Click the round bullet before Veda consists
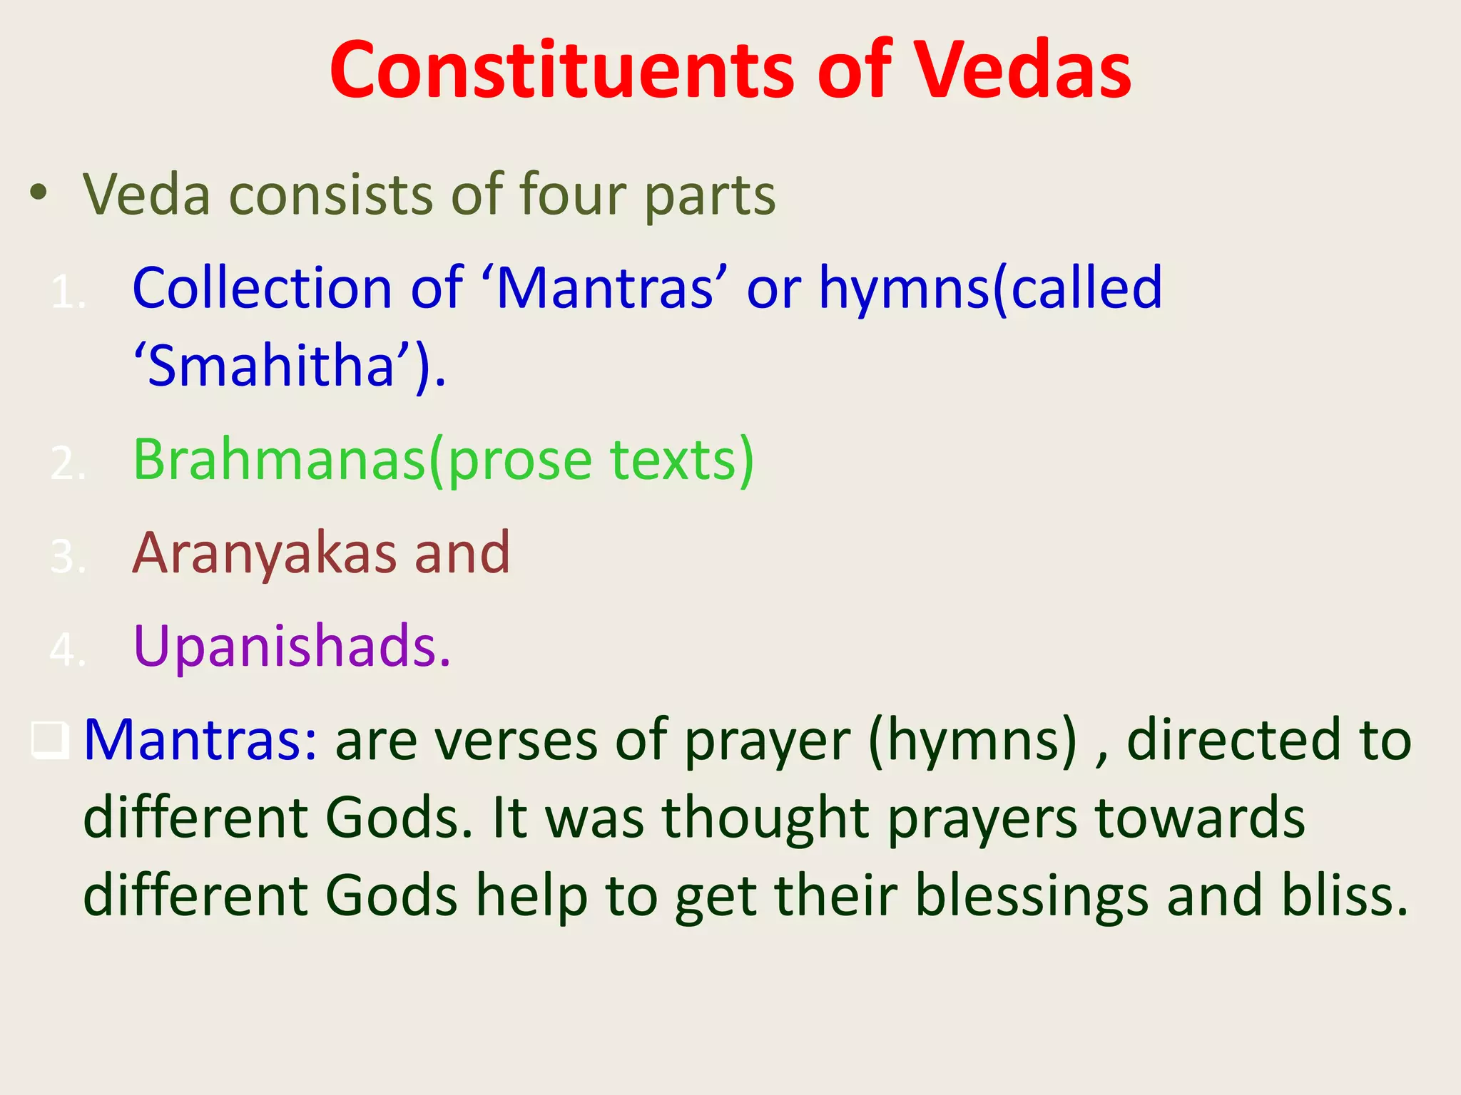pos(39,192)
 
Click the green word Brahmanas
pos(279,459)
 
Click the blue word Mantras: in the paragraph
pos(200,739)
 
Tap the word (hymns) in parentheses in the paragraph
pos(973,741)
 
